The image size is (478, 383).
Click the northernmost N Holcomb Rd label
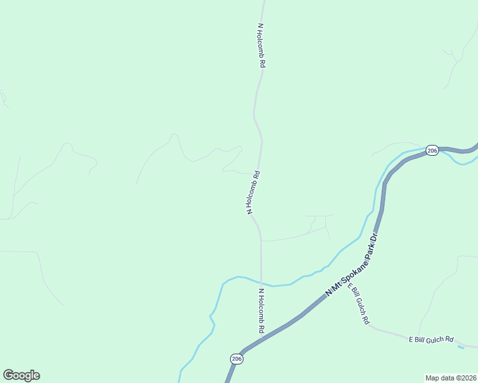coord(261,47)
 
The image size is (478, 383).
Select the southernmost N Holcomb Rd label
coord(261,312)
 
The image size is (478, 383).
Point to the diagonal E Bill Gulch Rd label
coord(358,304)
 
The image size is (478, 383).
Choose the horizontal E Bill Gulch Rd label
coord(431,340)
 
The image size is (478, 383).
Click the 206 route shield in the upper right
coord(432,151)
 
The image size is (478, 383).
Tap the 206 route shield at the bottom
coord(236,359)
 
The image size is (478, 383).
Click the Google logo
coord(21,375)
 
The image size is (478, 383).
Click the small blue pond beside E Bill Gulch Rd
coord(461,347)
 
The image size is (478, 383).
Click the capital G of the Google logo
coord(8,375)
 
